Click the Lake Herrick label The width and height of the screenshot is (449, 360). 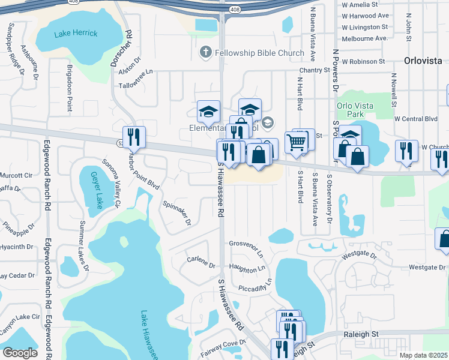[76, 33]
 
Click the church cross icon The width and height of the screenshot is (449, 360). [205, 53]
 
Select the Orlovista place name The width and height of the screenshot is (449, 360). [423, 61]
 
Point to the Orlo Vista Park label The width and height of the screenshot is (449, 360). [355, 110]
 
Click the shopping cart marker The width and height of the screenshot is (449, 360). [297, 143]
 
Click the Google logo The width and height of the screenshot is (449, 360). [20, 353]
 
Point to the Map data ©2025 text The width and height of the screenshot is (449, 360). [424, 355]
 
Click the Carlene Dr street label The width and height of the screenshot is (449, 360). [200, 262]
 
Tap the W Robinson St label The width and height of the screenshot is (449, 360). [363, 61]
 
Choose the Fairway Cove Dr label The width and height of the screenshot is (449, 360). [220, 348]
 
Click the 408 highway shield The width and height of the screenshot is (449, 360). [232, 10]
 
